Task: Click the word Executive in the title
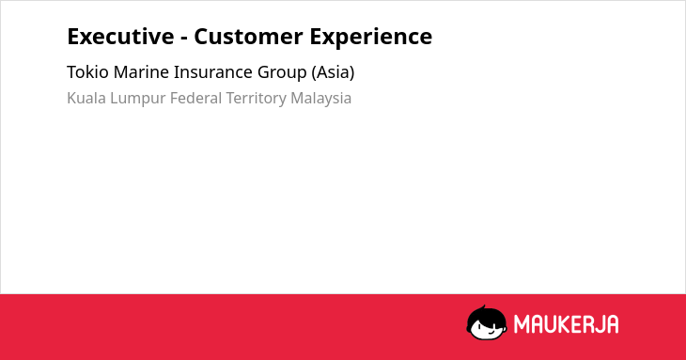coord(120,37)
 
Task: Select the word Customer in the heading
coord(248,37)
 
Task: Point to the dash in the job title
coord(184,39)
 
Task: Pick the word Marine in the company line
coord(141,72)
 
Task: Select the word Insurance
coord(213,72)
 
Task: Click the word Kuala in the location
coord(86,98)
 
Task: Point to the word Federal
coord(196,98)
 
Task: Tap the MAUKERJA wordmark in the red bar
coord(566,324)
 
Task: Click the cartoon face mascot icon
coord(487,322)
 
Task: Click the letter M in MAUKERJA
coord(521,324)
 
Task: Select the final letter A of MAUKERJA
coord(613,324)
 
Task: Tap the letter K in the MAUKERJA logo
coord(562,324)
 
